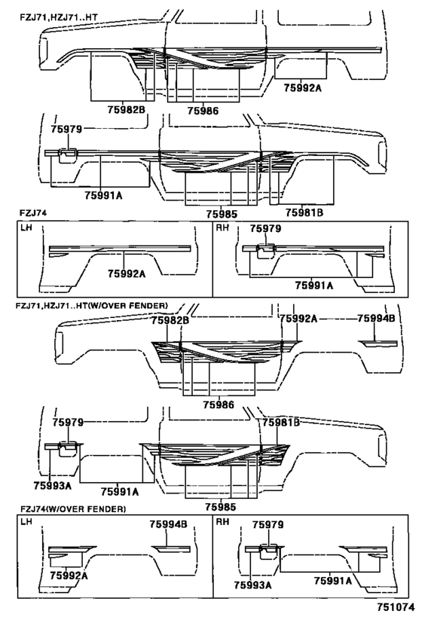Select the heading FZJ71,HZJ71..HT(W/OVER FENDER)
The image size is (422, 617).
click(92, 305)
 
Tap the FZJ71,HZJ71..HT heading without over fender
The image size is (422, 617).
click(59, 17)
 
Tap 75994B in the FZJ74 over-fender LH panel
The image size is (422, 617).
click(168, 524)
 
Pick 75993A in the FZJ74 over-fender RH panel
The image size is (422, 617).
click(252, 585)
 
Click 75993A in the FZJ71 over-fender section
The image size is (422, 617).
click(52, 486)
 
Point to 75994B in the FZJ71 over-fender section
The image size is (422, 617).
click(376, 319)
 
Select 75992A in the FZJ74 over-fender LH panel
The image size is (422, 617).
click(69, 576)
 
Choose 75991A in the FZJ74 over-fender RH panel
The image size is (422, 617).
click(332, 580)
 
